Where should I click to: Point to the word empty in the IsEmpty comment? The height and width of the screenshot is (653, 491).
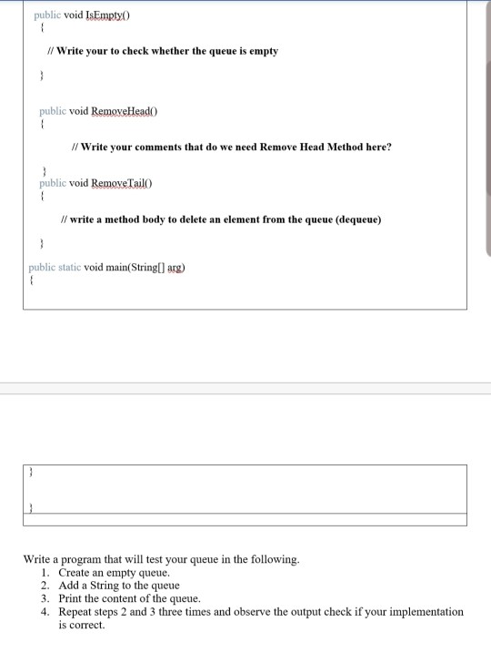coord(262,51)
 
